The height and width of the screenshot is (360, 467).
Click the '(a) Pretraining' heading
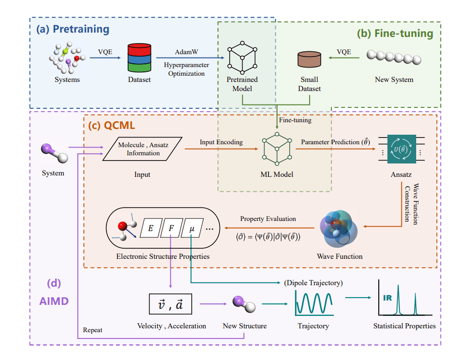(x=73, y=29)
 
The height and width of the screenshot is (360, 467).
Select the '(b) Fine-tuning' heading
(x=395, y=34)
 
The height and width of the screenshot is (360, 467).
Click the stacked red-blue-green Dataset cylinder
(x=140, y=58)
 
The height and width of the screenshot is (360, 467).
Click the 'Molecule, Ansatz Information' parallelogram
(x=143, y=148)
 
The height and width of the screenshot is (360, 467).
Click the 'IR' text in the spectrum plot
(x=387, y=298)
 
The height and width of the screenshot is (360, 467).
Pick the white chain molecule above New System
(x=394, y=58)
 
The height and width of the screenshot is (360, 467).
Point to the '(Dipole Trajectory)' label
(x=314, y=283)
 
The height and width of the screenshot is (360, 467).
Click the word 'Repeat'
(x=93, y=330)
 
